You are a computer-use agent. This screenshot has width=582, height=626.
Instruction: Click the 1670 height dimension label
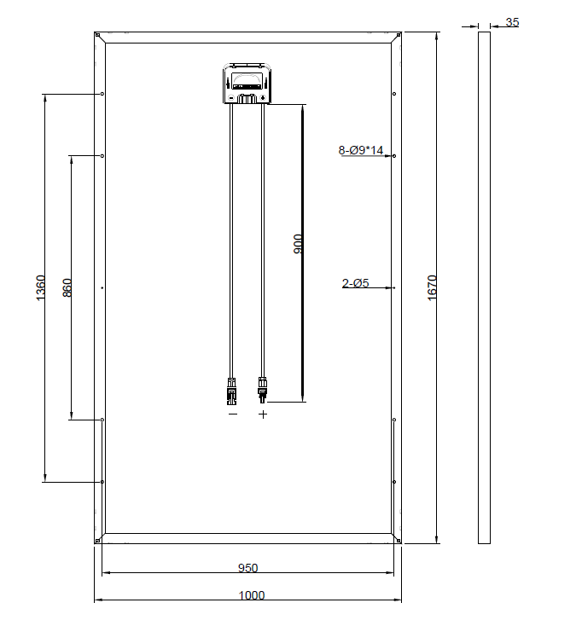pyautogui.click(x=432, y=288)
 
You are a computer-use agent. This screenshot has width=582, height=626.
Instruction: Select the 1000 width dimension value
pyautogui.click(x=252, y=595)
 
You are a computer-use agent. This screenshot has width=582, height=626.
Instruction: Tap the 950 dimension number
pyautogui.click(x=247, y=568)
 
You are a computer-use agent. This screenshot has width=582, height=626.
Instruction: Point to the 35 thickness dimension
pyautogui.click(x=512, y=22)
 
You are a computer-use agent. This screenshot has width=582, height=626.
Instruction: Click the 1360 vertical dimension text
pyautogui.click(x=41, y=288)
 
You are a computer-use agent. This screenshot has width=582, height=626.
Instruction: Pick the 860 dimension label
pyautogui.click(x=67, y=288)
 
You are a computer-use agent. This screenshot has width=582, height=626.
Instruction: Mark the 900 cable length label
pyautogui.click(x=298, y=244)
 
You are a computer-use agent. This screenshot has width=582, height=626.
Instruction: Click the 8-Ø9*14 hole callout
pyautogui.click(x=361, y=150)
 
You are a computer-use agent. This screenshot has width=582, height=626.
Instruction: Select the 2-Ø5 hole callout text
pyautogui.click(x=355, y=283)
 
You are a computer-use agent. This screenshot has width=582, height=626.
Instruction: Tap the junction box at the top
pyautogui.click(x=247, y=84)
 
